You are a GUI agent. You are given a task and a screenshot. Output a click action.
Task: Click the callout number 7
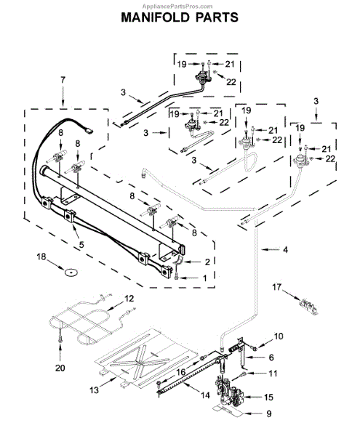point(63,80)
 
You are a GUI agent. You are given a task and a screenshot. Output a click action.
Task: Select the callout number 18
point(41,257)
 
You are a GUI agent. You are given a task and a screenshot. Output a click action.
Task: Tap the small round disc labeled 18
point(71,272)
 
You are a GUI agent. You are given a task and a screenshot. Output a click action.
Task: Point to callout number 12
point(129,299)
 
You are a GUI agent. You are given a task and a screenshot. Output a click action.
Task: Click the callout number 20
point(60,368)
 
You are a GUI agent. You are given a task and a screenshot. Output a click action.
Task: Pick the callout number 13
point(95,389)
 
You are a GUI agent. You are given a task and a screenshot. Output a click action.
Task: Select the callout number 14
point(205,395)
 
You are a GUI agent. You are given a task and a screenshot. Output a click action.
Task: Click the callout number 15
point(268,397)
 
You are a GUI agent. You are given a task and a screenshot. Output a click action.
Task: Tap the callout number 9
point(269,413)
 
